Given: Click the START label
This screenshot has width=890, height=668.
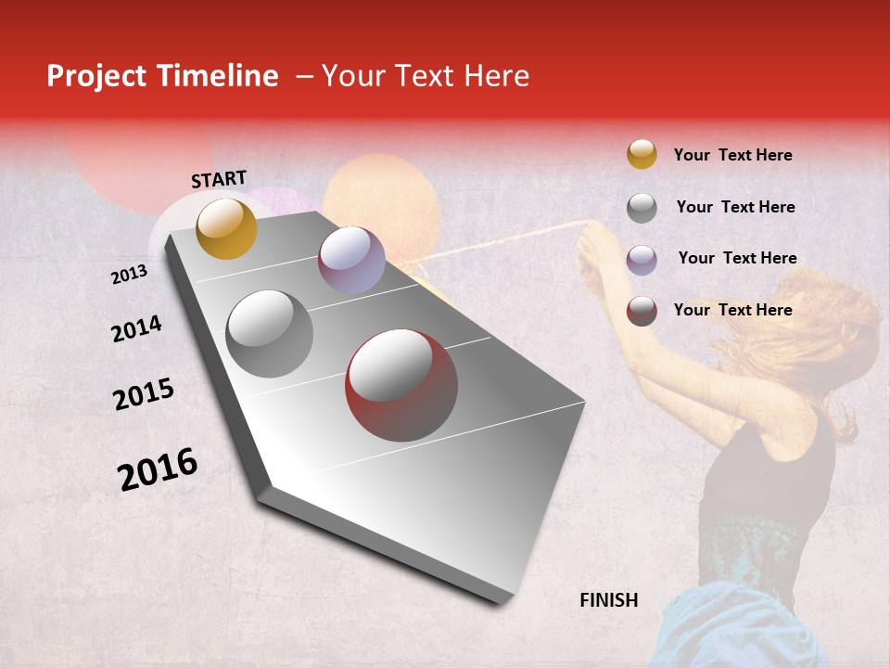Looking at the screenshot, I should coord(219,179).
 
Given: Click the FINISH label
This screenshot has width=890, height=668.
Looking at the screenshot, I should coord(609,600).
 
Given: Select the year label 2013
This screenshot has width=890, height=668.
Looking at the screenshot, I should coord(129,275).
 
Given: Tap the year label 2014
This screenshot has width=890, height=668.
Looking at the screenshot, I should coord(136,329).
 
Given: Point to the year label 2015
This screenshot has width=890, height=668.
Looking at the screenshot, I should coord(144,395).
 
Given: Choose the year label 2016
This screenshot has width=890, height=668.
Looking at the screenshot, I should coord(158,469).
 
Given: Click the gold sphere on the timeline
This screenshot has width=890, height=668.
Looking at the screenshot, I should coord(226,228).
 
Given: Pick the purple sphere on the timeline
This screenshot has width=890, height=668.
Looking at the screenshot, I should coord(351,260).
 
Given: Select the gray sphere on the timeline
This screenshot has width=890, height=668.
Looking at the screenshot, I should coord(270,334).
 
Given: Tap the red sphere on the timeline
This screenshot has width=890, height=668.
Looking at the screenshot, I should coord(401,385).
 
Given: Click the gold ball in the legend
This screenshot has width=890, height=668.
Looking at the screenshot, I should coord(642,154).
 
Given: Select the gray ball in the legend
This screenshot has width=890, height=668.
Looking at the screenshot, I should coord(642,208).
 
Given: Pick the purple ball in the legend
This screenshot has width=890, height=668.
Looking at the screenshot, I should coord(642,260).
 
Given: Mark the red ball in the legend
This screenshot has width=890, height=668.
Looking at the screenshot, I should coord(642,311).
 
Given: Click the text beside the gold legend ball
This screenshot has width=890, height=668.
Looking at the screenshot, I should coord(732,155).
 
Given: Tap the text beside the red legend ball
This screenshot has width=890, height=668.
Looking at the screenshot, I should coord(732,310).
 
